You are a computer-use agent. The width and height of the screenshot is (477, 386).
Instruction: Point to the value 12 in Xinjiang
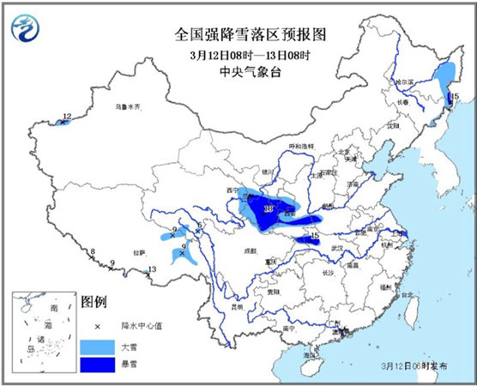click(67, 116)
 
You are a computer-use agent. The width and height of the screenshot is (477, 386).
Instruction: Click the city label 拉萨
click(139, 252)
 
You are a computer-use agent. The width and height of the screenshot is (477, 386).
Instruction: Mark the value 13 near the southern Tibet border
click(152, 270)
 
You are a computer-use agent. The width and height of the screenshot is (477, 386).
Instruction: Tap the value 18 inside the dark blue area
click(269, 209)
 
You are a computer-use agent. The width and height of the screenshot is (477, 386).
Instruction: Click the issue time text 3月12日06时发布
click(416, 365)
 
